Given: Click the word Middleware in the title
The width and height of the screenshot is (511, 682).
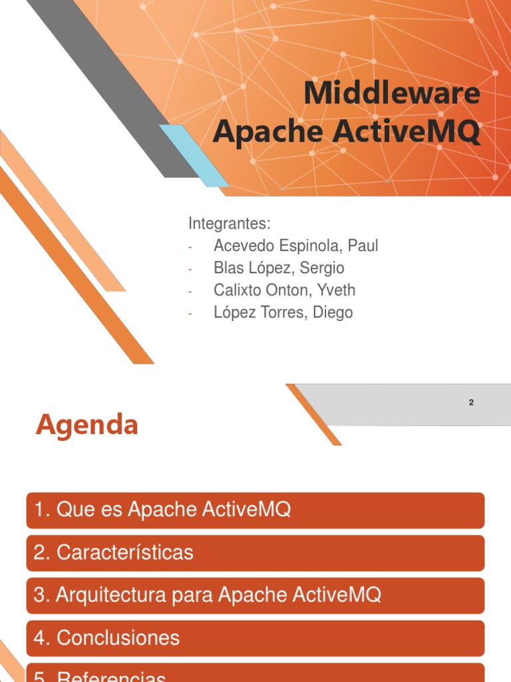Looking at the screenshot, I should point(391,93).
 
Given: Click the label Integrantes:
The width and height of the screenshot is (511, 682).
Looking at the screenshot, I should point(229,223).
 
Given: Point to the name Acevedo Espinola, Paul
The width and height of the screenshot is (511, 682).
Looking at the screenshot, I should point(295,246).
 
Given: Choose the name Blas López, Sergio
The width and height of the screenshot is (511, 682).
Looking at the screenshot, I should point(279,268).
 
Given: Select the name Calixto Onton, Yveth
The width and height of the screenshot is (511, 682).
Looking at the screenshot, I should point(284,290).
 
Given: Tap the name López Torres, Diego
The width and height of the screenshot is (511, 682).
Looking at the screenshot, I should point(283,312).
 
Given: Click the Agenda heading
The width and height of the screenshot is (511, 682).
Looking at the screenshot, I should point(86,424).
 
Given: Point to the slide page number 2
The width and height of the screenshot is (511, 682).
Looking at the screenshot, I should point(471,402).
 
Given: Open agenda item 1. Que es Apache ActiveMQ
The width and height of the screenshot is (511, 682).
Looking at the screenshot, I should point(255,511).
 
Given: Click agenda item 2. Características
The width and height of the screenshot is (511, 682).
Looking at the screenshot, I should point(255,553).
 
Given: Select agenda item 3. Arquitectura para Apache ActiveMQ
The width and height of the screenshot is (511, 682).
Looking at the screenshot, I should point(255,595).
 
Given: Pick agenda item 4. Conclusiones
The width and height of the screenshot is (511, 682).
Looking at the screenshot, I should point(255,637).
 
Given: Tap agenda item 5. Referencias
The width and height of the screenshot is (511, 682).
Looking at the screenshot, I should point(255,674).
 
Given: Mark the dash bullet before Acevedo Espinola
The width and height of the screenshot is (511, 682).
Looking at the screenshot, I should point(190,247).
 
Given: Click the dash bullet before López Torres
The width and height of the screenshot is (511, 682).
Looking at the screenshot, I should point(190,314).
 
